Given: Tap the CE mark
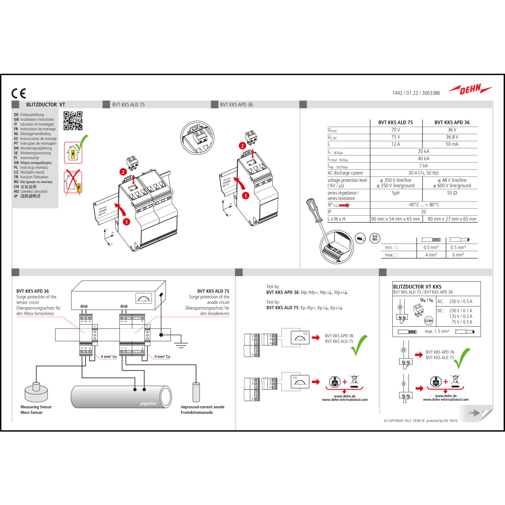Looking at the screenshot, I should pos(19,93).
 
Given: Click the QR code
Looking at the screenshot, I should pos(73,121).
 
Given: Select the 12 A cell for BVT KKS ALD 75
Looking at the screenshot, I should pos(396,144).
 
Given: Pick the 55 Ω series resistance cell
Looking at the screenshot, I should pos(452,193).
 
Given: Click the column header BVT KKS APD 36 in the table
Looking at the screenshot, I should pos(452,123).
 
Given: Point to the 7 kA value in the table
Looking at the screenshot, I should pos(424,166).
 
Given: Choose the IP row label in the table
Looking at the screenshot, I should pos(330,212).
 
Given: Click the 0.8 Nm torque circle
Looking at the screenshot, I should pos(375,238).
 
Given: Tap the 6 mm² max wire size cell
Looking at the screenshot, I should pos(458,255).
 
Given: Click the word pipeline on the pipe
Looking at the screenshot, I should pos(148,403).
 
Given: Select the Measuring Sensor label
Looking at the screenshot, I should pos(36,407).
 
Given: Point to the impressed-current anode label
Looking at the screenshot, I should pos(202,407).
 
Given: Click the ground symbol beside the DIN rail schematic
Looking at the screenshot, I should pos(181,343).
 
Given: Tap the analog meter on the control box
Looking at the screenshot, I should pos(144,298).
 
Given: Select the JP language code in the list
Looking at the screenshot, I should pos(16,196).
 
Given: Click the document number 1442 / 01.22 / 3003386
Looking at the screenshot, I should pos(416,93).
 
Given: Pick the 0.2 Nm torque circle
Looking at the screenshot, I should pos(429,321).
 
